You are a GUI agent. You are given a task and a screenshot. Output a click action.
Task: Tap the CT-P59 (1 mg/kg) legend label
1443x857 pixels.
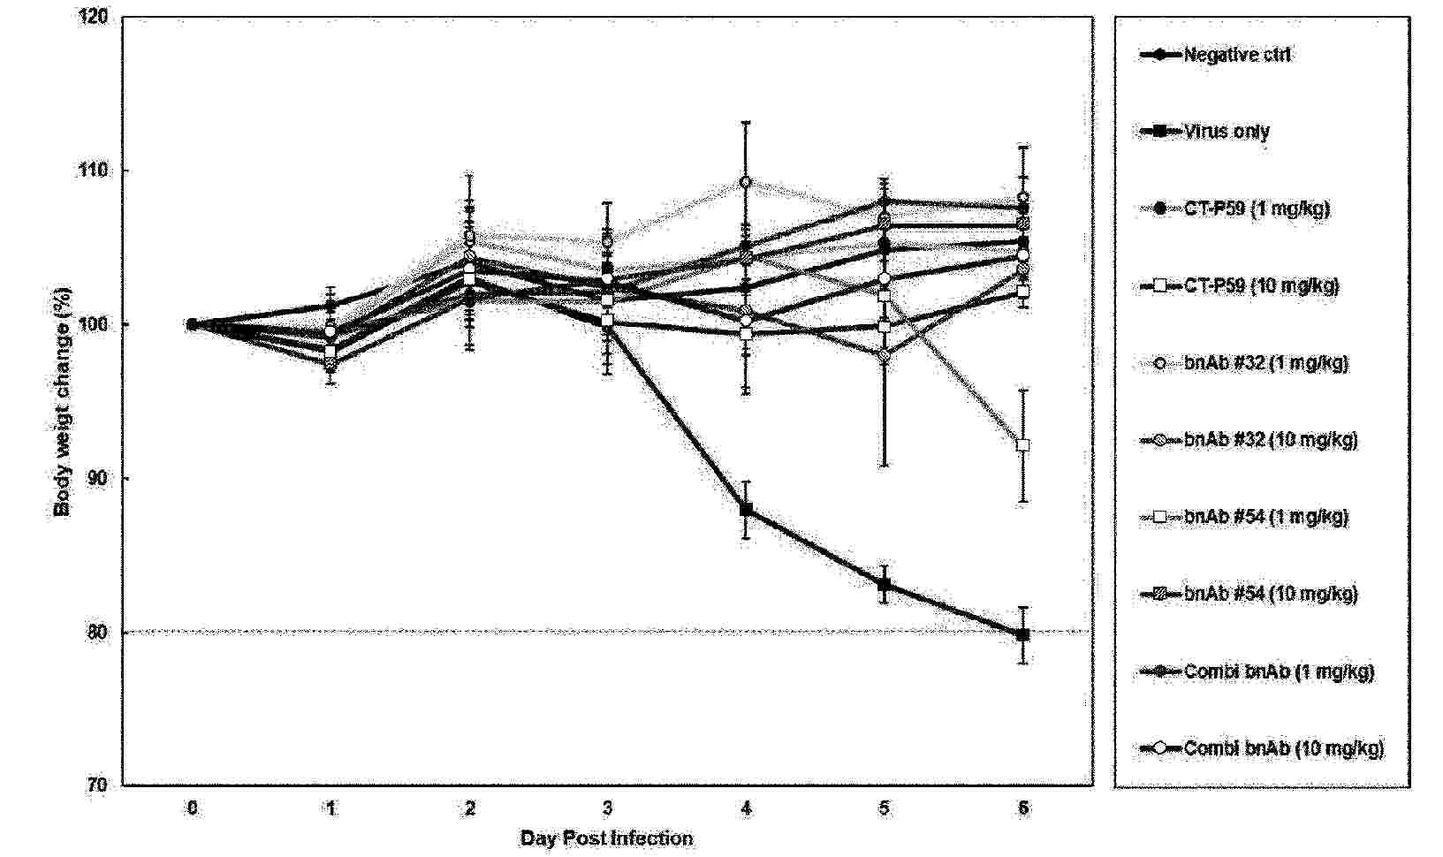coord(1256,209)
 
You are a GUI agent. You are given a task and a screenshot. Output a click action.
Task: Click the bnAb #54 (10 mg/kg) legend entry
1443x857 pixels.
coord(1270,594)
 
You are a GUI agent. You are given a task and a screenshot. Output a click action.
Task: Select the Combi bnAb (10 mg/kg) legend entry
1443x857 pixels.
coord(1283,748)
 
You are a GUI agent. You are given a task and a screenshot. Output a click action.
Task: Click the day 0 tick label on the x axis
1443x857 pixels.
coord(192,808)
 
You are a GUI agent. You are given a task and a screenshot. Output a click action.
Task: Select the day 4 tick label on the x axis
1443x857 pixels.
coord(747,808)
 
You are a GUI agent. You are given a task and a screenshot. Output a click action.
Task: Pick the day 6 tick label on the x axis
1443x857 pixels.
coord(1023,808)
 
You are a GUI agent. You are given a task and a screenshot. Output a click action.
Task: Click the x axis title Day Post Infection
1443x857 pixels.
coord(606,838)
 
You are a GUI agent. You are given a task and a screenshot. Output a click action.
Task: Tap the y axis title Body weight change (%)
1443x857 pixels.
coord(63,401)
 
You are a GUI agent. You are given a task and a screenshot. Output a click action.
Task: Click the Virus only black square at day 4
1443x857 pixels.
coord(747,510)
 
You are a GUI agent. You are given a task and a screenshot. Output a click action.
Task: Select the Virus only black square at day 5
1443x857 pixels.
coord(885,584)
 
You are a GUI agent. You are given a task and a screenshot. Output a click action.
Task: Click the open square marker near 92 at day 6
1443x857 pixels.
coord(1023,445)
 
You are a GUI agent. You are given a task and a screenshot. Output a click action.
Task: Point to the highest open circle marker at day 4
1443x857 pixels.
coord(746,182)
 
